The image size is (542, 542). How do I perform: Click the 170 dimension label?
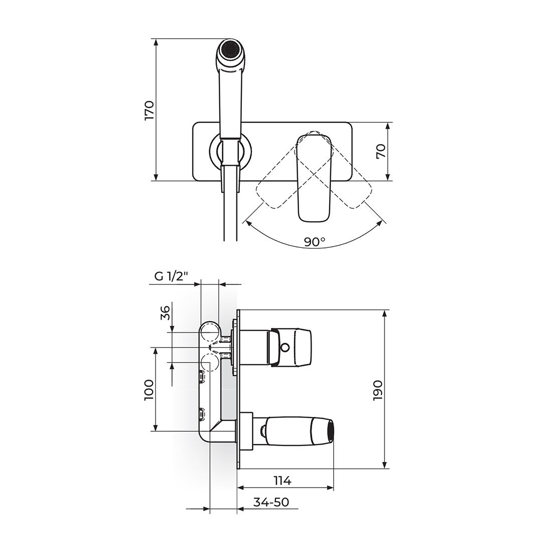coord(150,110)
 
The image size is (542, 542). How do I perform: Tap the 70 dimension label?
coord(381,151)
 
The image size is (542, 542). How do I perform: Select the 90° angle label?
coord(315,241)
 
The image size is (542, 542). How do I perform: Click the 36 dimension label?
coord(166,313)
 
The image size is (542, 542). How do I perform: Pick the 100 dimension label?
coord(150,389)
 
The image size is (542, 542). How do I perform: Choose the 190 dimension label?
coord(378,390)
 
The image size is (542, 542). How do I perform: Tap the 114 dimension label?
coord(283,480)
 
